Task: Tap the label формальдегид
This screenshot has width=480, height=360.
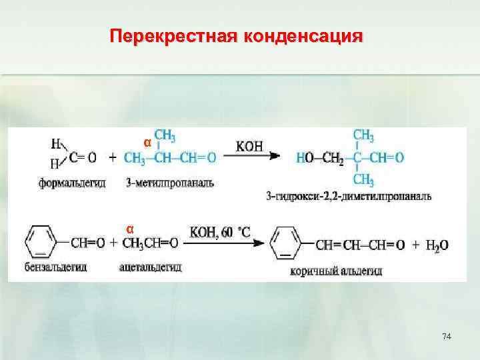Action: coord(71,183)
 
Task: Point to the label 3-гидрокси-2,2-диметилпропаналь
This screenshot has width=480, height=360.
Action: coord(348,196)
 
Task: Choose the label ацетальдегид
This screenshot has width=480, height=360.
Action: coord(151,267)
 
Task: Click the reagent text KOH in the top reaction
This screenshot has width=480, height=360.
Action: coord(249,145)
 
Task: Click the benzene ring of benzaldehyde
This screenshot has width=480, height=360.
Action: coord(43,243)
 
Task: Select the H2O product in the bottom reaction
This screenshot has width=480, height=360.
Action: coord(437,245)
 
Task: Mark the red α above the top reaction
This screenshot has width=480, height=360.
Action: coord(148,143)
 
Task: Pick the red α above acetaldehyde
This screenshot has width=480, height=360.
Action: coord(131,229)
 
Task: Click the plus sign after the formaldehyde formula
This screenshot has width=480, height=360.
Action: coord(113,159)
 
